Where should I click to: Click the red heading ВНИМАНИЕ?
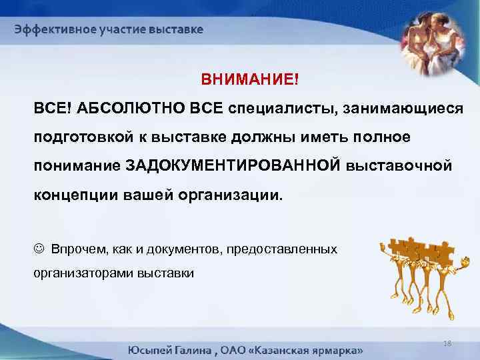[x=251, y=80]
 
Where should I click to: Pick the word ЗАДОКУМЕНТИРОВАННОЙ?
[x=233, y=165]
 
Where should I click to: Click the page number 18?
[x=446, y=343]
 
